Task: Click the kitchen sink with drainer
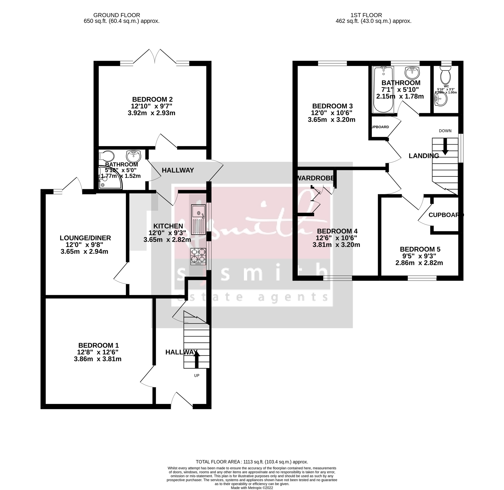(198, 219)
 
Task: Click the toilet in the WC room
(445, 75)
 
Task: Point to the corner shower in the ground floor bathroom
(110, 178)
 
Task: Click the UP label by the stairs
(196, 375)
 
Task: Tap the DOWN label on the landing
(445, 131)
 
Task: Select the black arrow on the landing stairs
(445, 147)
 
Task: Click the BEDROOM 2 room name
(152, 99)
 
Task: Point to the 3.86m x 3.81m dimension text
(97, 359)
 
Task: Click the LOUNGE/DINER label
(85, 238)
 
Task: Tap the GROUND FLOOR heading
(116, 15)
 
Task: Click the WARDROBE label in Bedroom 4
(316, 178)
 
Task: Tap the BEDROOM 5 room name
(420, 249)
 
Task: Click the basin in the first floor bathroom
(412, 72)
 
